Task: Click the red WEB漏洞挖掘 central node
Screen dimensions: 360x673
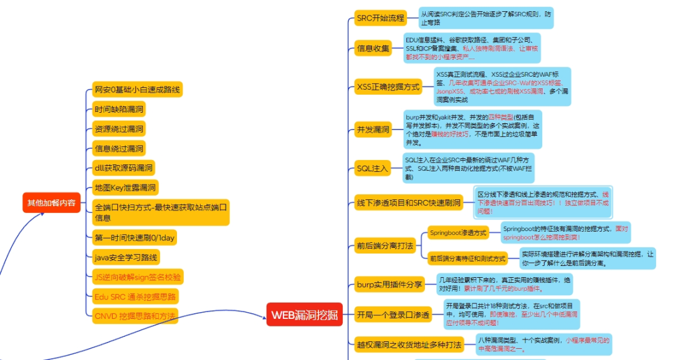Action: pyautogui.click(x=305, y=315)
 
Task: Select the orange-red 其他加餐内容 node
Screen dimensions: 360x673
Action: pyautogui.click(x=52, y=202)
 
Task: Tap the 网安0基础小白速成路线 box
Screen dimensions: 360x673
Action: pyautogui.click(x=137, y=90)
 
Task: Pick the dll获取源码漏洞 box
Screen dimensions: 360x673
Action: pyautogui.click(x=123, y=168)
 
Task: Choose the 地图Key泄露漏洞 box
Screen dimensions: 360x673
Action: pyautogui.click(x=125, y=187)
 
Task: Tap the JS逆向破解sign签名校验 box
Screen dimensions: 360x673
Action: pyautogui.click(x=138, y=276)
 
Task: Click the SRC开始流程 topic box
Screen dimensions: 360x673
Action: pyautogui.click(x=380, y=18)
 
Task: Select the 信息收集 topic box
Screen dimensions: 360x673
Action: pyautogui.click(x=373, y=49)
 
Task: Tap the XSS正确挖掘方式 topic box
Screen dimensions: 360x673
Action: pyautogui.click(x=388, y=86)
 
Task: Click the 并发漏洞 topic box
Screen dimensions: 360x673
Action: pyautogui.click(x=373, y=130)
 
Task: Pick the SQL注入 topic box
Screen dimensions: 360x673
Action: pyautogui.click(x=372, y=168)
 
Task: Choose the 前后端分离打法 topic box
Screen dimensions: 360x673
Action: pyautogui.click(x=384, y=246)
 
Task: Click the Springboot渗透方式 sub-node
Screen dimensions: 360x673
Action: pyautogui.click(x=458, y=232)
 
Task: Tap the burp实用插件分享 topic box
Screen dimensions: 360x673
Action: pyautogui.click(x=389, y=285)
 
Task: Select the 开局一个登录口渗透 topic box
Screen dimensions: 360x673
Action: pyautogui.click(x=393, y=315)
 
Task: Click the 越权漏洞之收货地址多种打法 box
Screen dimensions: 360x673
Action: pyautogui.click(x=408, y=344)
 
